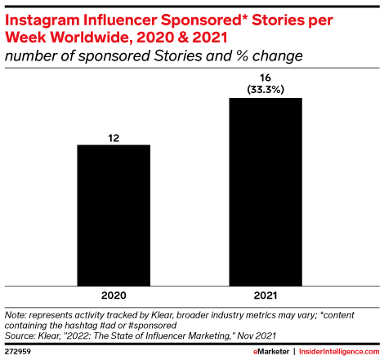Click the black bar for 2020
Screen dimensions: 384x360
pos(114,216)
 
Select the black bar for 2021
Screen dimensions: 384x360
pos(266,192)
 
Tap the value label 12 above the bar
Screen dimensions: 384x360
pos(114,138)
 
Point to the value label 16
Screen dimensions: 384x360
pos(266,78)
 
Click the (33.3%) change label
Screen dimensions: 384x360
pos(266,89)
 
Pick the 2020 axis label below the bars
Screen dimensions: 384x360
pos(114,296)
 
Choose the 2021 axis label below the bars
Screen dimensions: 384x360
pos(266,296)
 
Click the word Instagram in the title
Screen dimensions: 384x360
pos(42,21)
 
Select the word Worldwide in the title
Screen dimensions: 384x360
pos(92,37)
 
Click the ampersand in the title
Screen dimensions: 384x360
pos(183,38)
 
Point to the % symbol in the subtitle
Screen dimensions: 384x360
pos(243,56)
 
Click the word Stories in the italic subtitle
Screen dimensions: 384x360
pos(178,56)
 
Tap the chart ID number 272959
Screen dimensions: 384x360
pos(18,352)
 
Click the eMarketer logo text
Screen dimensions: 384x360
pos(271,352)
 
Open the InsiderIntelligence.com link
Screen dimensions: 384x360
pos(339,352)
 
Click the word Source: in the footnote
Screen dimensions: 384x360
pos(20,336)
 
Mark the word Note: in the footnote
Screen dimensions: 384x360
pos(16,315)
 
